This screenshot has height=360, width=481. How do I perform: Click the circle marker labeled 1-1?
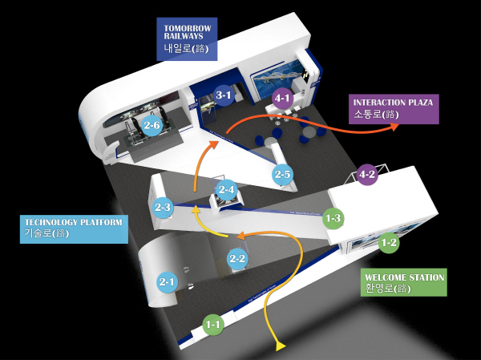tap(213, 325)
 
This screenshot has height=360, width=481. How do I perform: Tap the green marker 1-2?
tap(389, 241)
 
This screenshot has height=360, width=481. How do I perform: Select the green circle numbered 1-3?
tap(333, 217)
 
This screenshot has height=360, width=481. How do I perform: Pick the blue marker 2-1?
tap(168, 281)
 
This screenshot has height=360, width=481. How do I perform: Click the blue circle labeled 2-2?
tap(237, 258)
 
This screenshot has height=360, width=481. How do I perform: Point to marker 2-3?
tap(164, 207)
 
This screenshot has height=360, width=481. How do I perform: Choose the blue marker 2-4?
tap(227, 190)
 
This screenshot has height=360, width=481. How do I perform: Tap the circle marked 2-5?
tap(282, 173)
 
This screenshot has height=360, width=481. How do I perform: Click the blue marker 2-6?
tap(152, 125)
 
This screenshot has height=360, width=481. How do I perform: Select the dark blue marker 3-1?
tap(224, 95)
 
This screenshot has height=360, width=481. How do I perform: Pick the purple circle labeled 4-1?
tap(282, 99)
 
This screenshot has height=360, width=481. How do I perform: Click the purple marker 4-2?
tap(367, 174)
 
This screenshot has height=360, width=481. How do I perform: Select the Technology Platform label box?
tap(75, 228)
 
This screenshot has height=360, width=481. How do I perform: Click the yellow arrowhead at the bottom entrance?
tap(281, 346)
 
